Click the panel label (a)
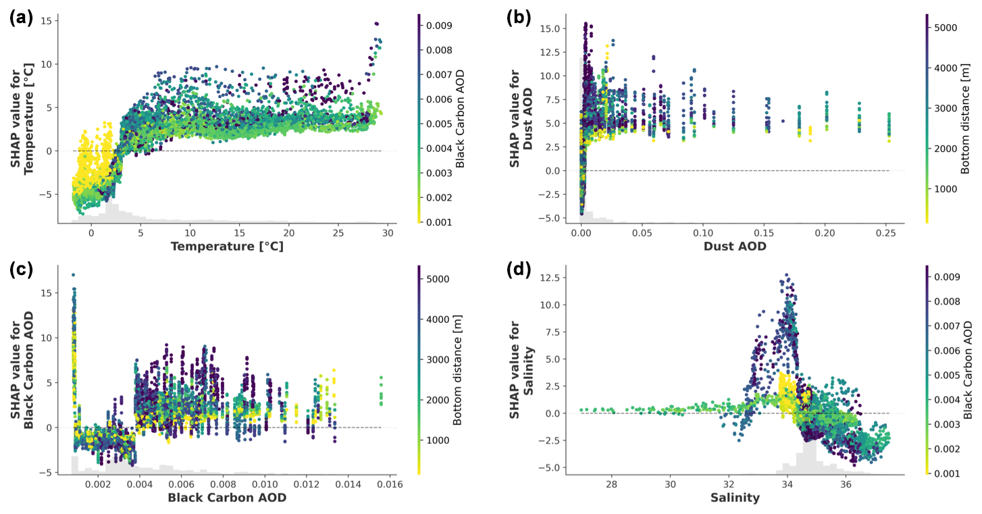pos(20,18)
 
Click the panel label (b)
pos(518,18)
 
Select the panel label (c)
pos(20,269)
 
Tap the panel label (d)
pos(518,269)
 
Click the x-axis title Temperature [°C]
pos(227,247)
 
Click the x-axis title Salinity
pos(735,498)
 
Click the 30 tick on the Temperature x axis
pos(388,232)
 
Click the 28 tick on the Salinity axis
pos(612,484)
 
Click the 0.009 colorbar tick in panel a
pos(444,26)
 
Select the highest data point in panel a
pos(377,24)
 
